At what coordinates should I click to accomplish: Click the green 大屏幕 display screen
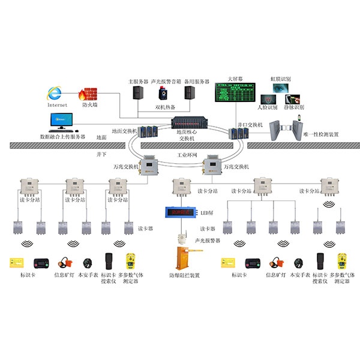point(235,94)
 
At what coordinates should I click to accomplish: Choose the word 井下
point(101,154)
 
